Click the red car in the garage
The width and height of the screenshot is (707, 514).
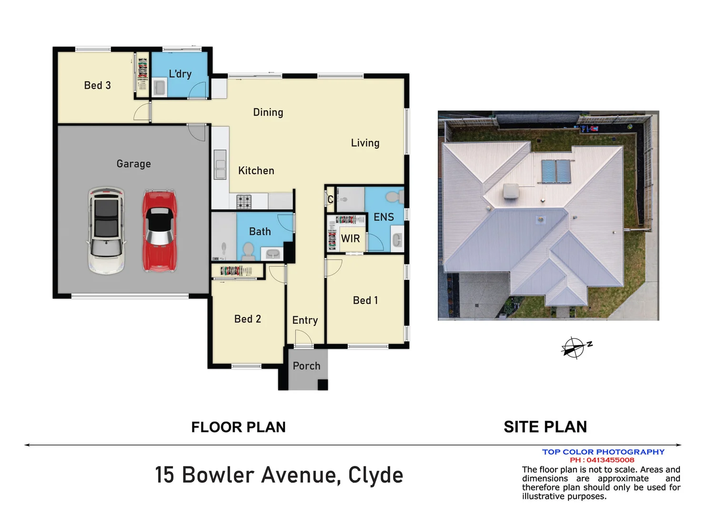[x=160, y=231]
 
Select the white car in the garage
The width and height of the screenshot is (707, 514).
[x=106, y=230]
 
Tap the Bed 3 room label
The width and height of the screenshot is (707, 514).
[x=97, y=85]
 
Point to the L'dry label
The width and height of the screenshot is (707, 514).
[x=180, y=74]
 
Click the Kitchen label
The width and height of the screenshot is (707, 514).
[x=256, y=170]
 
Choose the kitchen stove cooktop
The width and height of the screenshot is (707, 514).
[x=244, y=201]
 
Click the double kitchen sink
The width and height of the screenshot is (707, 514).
[x=220, y=165]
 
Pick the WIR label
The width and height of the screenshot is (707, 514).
[x=350, y=238]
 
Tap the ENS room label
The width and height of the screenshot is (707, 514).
[x=384, y=217]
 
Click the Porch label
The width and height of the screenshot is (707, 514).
[x=306, y=366]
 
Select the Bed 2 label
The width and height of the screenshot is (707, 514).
[x=247, y=319]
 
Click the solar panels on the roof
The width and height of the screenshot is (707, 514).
[x=556, y=171]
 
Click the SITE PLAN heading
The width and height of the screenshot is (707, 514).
[x=545, y=427]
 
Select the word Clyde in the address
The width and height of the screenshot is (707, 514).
[x=375, y=475]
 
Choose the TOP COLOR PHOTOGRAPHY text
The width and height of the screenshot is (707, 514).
[x=603, y=452]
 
